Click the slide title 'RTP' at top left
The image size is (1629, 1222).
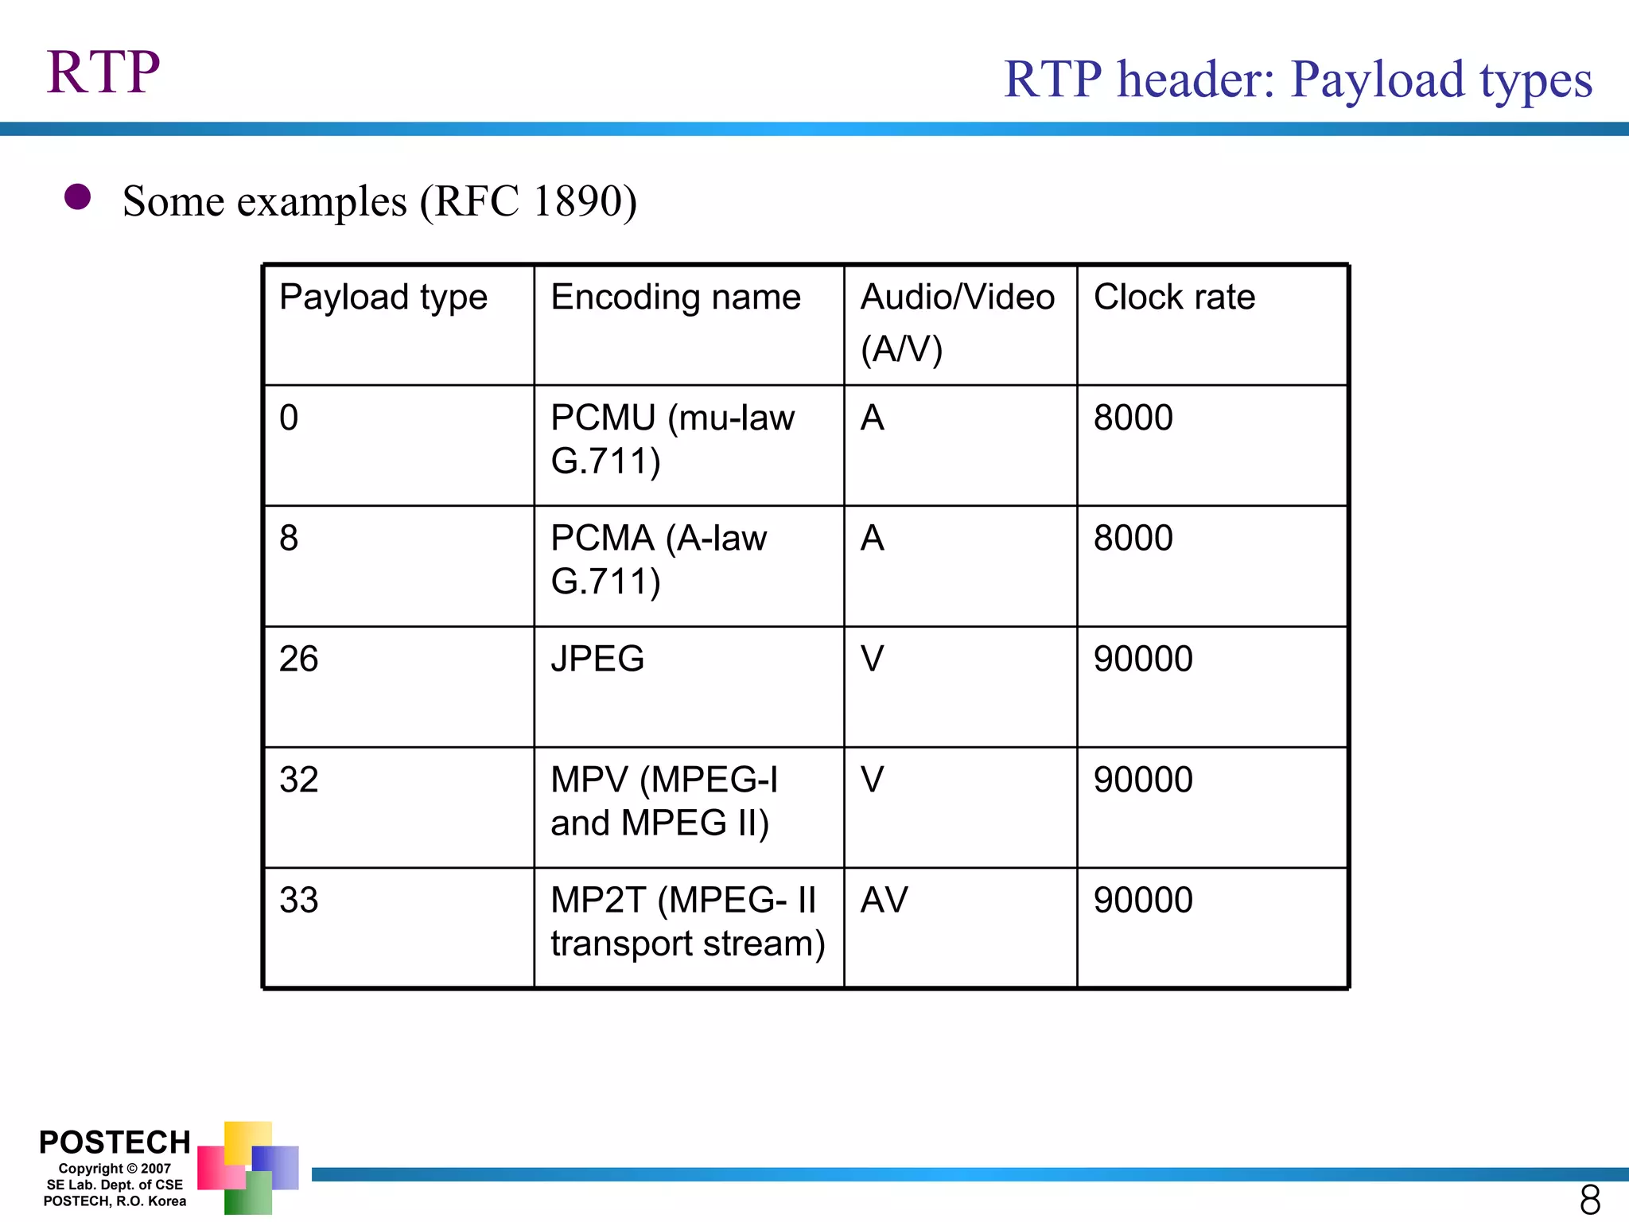click(103, 72)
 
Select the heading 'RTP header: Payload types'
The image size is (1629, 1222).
click(1297, 80)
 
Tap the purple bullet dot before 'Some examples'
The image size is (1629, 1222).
click(77, 197)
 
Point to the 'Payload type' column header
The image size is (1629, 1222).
click(383, 298)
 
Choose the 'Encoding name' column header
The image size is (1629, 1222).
click(675, 298)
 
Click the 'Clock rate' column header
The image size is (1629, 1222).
click(1174, 298)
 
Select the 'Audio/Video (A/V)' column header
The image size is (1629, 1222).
click(957, 322)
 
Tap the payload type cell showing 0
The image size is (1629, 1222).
click(289, 418)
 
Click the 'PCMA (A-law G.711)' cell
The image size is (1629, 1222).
click(659, 559)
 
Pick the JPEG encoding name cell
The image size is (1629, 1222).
click(597, 660)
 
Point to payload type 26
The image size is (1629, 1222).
click(298, 660)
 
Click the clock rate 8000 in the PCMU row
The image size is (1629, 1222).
click(1133, 418)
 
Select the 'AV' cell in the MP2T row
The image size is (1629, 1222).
click(884, 901)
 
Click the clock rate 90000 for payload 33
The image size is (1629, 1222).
click(1142, 901)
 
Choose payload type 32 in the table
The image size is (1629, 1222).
click(298, 780)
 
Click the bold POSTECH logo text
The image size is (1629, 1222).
click(115, 1142)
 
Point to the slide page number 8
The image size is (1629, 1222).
click(1589, 1200)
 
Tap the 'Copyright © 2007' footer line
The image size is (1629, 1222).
click(115, 1169)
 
